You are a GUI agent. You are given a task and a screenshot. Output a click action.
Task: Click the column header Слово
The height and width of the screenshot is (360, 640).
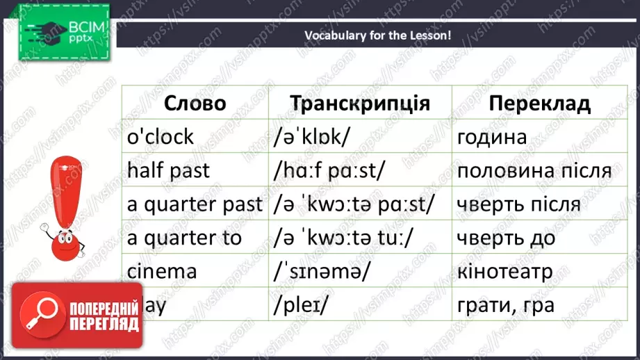point(195,104)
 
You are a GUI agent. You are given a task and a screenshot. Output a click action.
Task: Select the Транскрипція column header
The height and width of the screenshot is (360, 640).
point(359,104)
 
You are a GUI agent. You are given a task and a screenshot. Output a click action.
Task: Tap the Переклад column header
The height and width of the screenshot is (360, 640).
point(539,104)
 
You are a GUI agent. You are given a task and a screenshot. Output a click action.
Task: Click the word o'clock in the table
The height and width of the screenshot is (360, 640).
point(161,137)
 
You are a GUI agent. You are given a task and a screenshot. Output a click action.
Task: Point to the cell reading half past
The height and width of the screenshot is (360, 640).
point(168,170)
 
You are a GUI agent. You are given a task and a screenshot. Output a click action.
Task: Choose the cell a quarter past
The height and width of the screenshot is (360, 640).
point(195,204)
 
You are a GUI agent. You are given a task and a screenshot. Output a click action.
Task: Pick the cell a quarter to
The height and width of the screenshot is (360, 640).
point(184,238)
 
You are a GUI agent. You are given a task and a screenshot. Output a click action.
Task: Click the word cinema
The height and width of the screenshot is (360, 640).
point(162,271)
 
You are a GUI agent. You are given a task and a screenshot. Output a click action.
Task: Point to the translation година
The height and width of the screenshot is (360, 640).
point(492,137)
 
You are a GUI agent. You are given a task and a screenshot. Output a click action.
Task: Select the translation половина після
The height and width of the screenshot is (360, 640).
point(534,170)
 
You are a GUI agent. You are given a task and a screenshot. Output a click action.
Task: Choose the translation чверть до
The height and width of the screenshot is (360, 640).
point(506,238)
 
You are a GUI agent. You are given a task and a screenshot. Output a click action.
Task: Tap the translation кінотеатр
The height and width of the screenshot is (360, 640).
point(505,271)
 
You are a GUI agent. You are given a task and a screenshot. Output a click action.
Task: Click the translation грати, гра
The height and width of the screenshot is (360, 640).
point(506,304)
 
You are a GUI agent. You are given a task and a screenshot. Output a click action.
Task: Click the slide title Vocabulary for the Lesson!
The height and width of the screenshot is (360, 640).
point(378,35)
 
